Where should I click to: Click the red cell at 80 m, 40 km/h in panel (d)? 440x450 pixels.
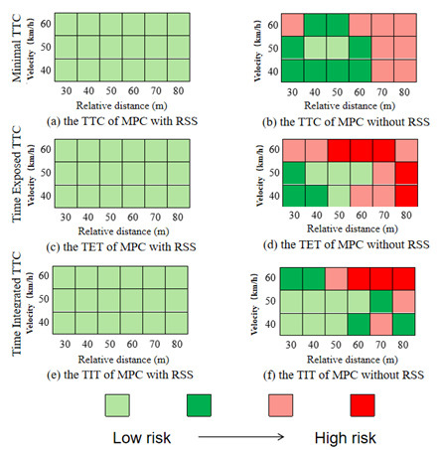coord(406,194)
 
